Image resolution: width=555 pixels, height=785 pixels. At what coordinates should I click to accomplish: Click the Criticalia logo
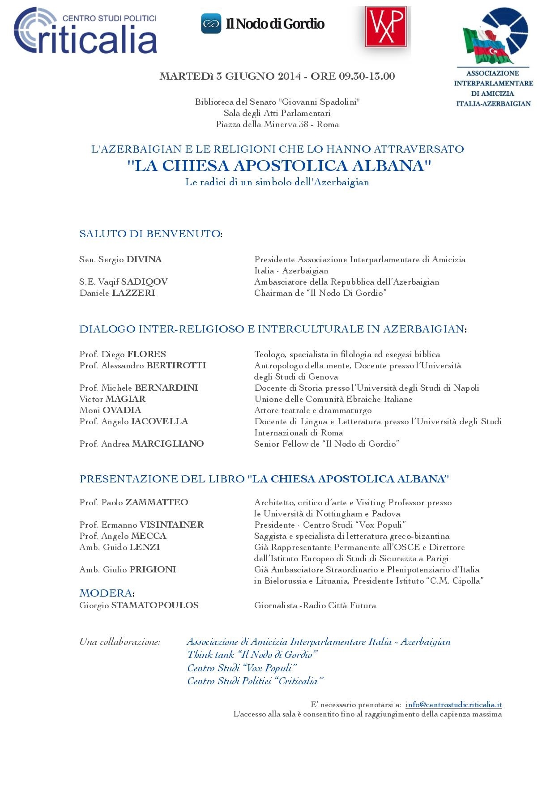coord(85,31)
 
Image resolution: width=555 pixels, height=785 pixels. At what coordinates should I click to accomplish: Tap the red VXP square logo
coord(385,27)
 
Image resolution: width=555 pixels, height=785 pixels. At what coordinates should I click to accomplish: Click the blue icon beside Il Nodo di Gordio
coord(211,24)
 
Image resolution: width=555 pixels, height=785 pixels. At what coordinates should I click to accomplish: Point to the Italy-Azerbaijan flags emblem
coord(495,36)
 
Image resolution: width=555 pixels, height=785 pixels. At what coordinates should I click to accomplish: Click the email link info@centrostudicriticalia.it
coord(453,704)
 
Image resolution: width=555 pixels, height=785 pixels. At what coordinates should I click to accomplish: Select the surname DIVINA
coord(144,260)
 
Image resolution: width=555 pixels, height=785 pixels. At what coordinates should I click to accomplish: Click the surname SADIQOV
coord(144,282)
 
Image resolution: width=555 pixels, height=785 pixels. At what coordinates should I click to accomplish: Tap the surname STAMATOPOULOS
coord(155,606)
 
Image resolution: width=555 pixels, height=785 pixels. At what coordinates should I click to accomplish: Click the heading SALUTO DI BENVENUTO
coord(150,234)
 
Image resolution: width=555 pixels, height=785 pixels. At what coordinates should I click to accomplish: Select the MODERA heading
coord(106,593)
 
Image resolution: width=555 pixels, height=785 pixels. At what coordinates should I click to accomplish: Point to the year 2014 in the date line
coord(289,77)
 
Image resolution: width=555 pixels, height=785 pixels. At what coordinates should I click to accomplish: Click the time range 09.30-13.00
coord(367,77)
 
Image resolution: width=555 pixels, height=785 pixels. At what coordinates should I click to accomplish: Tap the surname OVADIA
coord(122,410)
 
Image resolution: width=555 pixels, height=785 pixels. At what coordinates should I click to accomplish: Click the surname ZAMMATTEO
coord(157,503)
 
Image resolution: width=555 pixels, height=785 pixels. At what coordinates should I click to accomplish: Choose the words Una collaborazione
coord(120,642)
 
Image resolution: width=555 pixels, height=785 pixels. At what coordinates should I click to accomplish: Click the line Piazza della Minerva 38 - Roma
coord(277,124)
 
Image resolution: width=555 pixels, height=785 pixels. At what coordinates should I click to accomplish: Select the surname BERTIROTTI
coord(176,366)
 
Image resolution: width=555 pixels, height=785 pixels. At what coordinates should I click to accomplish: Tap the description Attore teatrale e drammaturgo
coord(313,410)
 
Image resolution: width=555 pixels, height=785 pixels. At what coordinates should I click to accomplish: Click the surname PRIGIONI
coord(153,570)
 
